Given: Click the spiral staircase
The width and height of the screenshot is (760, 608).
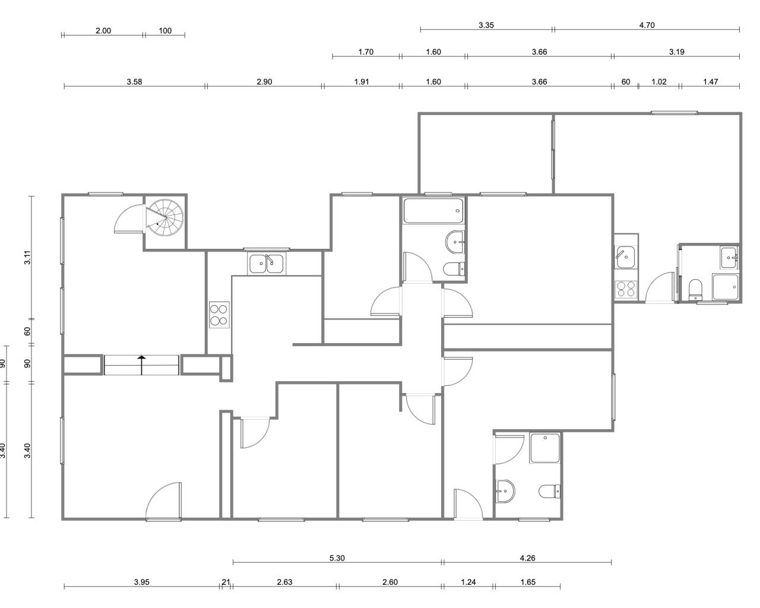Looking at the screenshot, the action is (x=165, y=218).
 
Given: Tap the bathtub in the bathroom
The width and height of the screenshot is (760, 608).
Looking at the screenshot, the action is (x=433, y=211).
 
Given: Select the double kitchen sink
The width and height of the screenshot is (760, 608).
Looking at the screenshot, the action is (x=266, y=264).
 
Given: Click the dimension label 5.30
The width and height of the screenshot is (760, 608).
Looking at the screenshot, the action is (x=337, y=558).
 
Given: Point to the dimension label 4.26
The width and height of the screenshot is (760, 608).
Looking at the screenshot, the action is (x=528, y=558).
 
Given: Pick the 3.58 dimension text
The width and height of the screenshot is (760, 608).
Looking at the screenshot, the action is (x=134, y=82).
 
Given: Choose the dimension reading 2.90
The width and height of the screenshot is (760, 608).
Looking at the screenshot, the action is (x=264, y=82).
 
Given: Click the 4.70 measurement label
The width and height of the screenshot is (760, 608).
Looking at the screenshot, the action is (x=647, y=25).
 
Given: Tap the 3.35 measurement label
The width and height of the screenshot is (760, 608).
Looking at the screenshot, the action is (x=486, y=25).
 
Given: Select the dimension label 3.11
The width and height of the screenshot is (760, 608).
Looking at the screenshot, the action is (x=27, y=257).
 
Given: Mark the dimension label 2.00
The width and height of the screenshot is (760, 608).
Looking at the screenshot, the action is (x=103, y=31).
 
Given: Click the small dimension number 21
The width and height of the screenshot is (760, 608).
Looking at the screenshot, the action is (x=226, y=582).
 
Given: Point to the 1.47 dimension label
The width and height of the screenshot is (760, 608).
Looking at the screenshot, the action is (x=711, y=82).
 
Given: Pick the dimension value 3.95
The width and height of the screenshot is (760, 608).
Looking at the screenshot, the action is (x=142, y=582).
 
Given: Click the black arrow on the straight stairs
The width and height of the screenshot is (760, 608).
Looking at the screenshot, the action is (x=142, y=365).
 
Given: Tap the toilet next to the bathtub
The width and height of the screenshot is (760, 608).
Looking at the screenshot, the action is (x=454, y=269).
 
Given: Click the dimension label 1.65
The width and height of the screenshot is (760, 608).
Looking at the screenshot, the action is (x=528, y=582).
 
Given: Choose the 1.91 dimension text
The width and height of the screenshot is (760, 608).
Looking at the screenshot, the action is (x=362, y=82).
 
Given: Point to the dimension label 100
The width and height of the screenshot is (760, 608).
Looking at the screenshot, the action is (x=165, y=31).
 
